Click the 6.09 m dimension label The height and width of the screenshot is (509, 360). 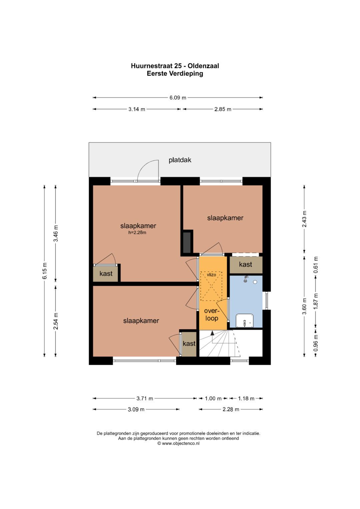tap(178, 98)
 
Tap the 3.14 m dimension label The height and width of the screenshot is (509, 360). tap(137, 109)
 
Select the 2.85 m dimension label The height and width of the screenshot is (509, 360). tap(223, 109)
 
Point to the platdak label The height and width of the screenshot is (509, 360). tap(180, 160)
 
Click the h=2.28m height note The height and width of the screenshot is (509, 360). tap(137, 232)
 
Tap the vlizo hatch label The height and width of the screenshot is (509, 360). tap(211, 275)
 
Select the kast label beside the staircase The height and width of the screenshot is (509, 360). tap(189, 343)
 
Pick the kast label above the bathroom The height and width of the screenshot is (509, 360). tap(245, 264)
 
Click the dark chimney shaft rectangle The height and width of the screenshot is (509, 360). tap(187, 242)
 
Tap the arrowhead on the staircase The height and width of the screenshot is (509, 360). tap(212, 333)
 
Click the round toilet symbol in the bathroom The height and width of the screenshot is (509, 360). tap(255, 282)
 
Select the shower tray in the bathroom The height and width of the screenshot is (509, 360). tap(245, 321)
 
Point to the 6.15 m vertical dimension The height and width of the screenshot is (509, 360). tap(45, 271)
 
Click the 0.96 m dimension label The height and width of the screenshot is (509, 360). tap(316, 343)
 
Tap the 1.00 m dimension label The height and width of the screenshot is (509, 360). tap(213, 398)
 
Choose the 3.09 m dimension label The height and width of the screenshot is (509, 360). tap(136, 409)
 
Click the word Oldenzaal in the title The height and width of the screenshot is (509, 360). tap(203, 66)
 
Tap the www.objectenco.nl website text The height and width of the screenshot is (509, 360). tap(180, 443)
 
